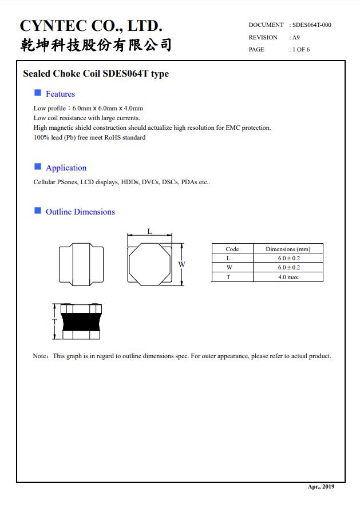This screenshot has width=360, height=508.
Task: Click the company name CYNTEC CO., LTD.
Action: click(92, 26)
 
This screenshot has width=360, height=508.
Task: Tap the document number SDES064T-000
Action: click(311, 25)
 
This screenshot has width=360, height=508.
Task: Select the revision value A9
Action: click(296, 37)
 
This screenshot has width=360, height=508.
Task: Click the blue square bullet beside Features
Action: click(38, 93)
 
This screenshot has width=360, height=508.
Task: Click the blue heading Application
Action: click(66, 168)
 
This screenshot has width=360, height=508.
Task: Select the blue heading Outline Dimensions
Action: click(80, 212)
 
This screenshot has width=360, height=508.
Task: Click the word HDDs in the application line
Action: click(130, 182)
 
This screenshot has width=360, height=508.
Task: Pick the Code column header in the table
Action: click(232, 249)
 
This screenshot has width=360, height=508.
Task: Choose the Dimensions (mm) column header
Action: click(288, 249)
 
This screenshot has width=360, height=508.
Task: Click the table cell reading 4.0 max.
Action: click(288, 277)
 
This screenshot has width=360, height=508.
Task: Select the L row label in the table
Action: click(228, 259)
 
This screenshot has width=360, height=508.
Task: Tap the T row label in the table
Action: click(228, 277)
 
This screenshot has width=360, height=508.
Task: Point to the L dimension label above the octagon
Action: click(149, 231)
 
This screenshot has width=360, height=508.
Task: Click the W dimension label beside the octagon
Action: click(181, 264)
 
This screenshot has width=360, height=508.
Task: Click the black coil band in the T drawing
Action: click(80, 322)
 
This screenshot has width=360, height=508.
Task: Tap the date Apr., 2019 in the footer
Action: click(321, 487)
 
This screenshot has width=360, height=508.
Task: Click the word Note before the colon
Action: click(39, 356)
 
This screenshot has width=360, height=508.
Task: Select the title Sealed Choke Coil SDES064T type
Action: click(96, 74)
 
